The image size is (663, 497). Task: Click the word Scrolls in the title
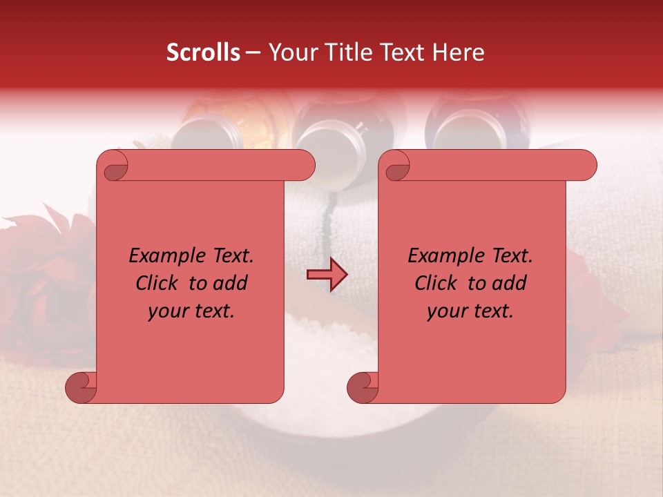point(203,52)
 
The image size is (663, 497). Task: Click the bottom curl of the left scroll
point(81,387)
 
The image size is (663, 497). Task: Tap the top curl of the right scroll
point(396,166)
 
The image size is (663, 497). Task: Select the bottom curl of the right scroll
point(363,387)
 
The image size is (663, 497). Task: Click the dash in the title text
point(253,53)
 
